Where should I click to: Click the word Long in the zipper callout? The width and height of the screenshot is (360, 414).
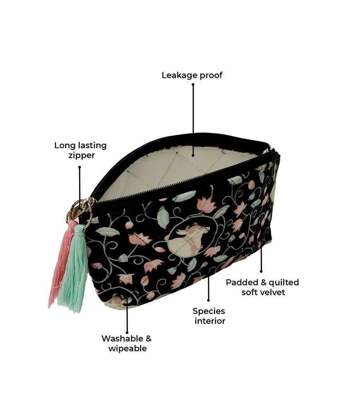click(65, 145)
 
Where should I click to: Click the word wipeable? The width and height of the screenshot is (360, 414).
click(127, 349)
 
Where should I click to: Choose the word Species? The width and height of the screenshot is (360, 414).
click(209, 310)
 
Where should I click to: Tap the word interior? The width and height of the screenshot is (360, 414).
click(210, 321)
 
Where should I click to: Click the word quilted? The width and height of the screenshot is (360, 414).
click(284, 282)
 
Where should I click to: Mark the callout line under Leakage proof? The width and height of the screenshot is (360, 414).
click(193, 120)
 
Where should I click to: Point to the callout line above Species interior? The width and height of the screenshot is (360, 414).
click(208, 286)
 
